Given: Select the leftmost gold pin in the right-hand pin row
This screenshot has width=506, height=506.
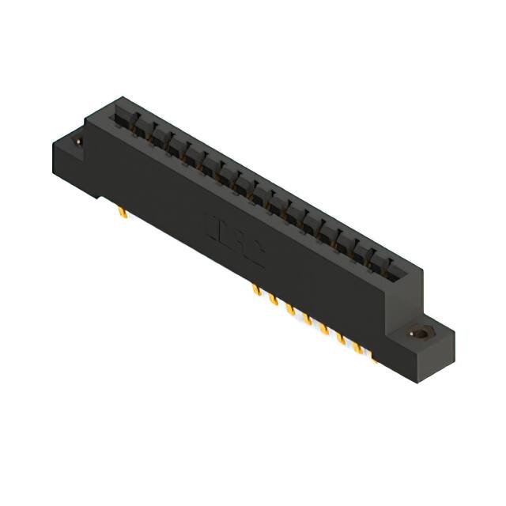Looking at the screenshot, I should click(255, 291).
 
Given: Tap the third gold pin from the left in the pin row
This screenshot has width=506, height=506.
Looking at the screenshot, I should click(290, 309).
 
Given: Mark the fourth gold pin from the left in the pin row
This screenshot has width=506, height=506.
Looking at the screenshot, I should click(307, 318).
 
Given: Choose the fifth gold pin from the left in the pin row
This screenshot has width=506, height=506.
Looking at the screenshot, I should click(324, 327).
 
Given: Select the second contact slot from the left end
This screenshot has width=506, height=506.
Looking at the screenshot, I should click(139, 126).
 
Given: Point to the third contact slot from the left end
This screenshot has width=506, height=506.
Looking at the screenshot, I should click(157, 135).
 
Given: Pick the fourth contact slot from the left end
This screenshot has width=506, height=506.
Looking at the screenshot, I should click(175, 145).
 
